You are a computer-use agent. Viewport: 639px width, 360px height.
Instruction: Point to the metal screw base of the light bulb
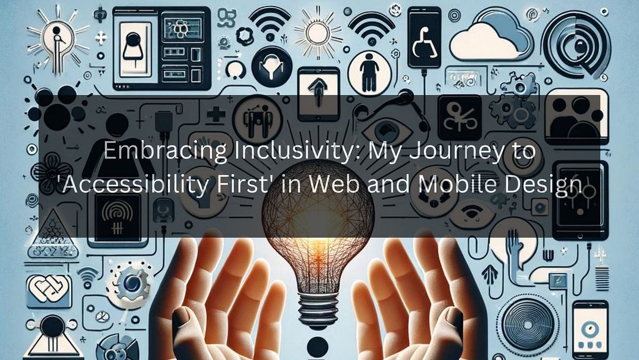point(318,306)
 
